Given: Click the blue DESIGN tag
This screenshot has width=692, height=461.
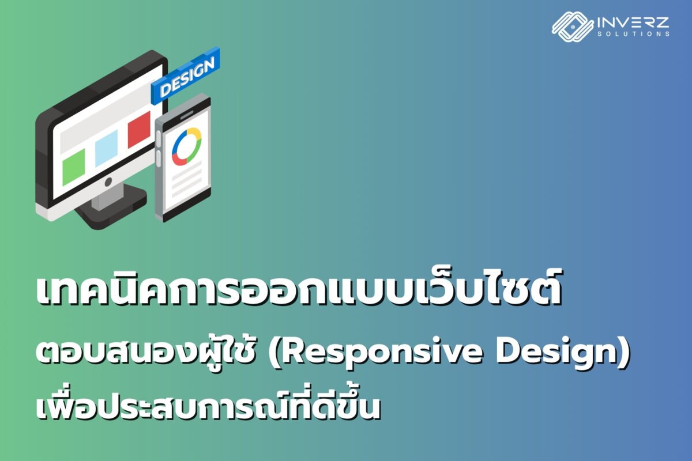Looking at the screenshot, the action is coord(185,76).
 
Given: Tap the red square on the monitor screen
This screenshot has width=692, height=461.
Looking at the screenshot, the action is coord(139,129).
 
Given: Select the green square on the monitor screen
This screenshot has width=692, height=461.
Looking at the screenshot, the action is coord(74,167).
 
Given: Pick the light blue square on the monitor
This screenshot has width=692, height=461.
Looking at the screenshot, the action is coord(107,148).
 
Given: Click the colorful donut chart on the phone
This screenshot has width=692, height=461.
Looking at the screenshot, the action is coord(187,147).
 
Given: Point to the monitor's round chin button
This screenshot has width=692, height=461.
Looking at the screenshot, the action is coord(108,182).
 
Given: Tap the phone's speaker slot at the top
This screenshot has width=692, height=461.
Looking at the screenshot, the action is coord(187,115).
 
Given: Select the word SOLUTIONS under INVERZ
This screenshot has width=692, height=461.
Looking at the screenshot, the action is coord(633,33).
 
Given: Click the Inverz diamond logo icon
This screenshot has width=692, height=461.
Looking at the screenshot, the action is coord(573,27).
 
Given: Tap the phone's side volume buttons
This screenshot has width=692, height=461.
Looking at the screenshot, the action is coord(158,149).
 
